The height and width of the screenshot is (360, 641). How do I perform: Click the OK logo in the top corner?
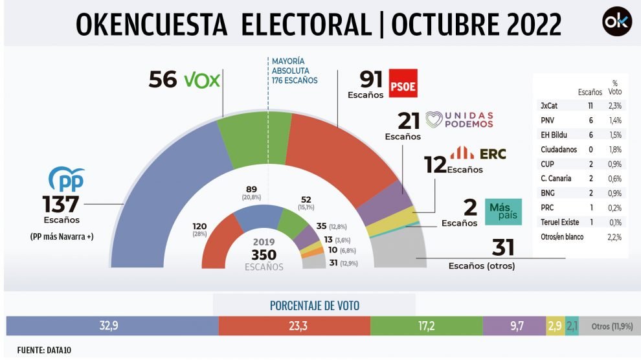coord(616,23)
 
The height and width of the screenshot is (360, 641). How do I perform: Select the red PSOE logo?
coord(403,82)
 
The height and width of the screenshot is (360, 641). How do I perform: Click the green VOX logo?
coord(202,80)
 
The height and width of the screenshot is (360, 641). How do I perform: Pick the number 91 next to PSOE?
coord(372,80)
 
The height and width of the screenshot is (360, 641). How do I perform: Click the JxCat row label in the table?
coord(548,106)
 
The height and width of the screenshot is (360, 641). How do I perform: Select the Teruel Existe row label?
coord(559,222)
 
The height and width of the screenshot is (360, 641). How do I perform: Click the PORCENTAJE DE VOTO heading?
coord(314,306)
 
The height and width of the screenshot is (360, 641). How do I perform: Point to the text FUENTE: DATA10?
coord(39,350)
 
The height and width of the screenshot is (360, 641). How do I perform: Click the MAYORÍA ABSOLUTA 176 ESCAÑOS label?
coord(295,71)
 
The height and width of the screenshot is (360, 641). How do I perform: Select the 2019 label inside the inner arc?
coord(264,242)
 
